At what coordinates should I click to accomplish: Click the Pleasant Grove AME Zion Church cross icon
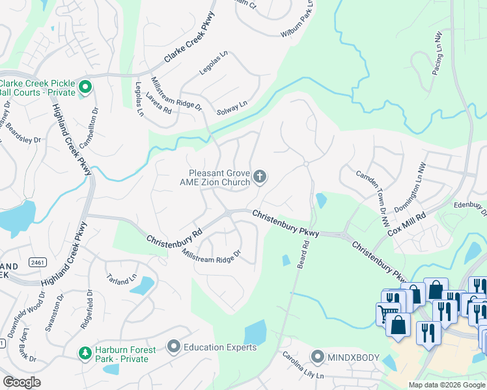point(260,177)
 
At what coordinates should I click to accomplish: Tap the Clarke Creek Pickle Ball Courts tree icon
point(85,87)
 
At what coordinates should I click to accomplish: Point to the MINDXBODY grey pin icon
point(317,357)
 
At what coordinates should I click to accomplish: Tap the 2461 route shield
point(38,263)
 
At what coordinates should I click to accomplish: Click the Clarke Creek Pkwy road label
point(189,51)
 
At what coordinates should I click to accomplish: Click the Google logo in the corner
point(22,382)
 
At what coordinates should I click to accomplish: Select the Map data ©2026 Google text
point(447,385)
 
